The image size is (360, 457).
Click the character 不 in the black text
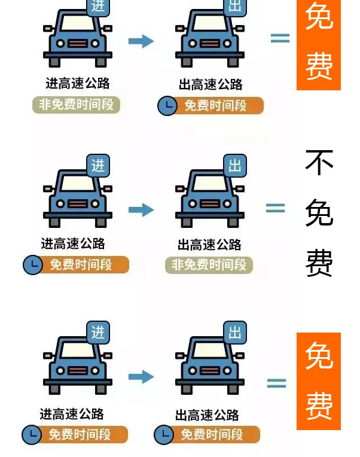coord(319,162)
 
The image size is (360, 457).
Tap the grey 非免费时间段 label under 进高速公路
coord(76,105)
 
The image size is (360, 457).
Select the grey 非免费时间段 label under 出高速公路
coord(209,265)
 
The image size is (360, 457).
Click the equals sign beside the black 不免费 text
coord(275,208)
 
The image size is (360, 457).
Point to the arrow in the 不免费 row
coord(141,209)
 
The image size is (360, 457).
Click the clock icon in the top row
coord(167,106)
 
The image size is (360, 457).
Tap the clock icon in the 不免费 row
coord(33,264)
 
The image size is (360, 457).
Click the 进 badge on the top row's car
coord(98,5)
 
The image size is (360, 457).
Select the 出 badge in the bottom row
coord(235,332)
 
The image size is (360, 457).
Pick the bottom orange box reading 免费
coord(319,381)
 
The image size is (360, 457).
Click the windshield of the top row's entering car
coord(78,23)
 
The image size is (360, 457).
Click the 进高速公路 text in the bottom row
coord(72,414)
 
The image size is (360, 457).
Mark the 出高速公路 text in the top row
coord(210,84)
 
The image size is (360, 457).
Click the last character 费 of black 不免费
coord(319,263)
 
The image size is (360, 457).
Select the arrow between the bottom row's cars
coord(141,377)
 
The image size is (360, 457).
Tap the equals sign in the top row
coord(280,38)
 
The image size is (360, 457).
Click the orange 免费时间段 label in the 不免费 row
coord(81,264)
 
